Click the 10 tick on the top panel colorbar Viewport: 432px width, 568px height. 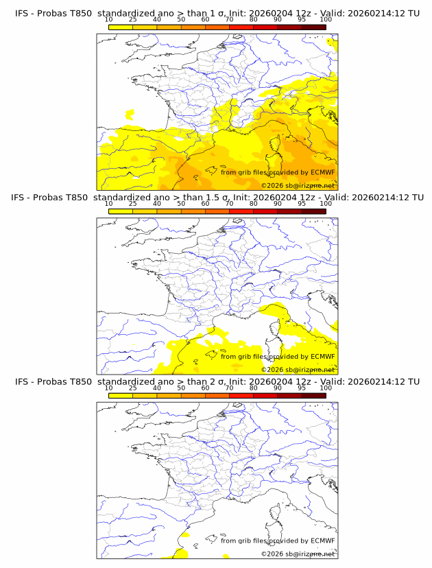[x=108, y=27]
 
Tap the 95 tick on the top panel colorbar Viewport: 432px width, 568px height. [x=302, y=27]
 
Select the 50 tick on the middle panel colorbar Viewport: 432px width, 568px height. [x=181, y=211]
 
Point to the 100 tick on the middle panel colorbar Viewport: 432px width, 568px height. [x=326, y=211]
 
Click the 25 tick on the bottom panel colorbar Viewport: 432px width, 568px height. [x=132, y=396]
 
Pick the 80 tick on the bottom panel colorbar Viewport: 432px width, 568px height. [x=253, y=396]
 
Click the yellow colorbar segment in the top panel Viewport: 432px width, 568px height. [x=120, y=27]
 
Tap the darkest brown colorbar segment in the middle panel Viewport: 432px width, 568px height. [x=313, y=211]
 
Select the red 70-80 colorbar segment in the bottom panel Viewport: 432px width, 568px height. [x=241, y=396]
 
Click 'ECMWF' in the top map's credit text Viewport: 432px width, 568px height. [x=322, y=172]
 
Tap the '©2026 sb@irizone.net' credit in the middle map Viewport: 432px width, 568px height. [x=298, y=369]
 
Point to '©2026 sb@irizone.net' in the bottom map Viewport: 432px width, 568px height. [x=298, y=554]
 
